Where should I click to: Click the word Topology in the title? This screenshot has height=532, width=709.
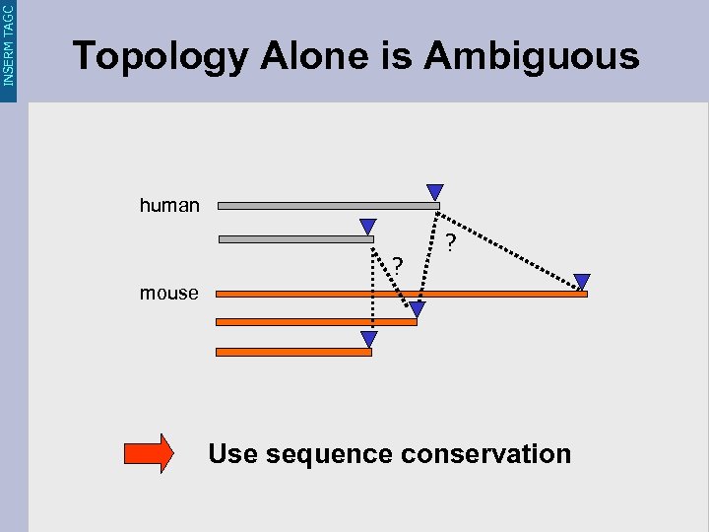point(161,57)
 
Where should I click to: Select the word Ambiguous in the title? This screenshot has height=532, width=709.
point(532,56)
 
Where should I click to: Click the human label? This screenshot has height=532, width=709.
point(169,206)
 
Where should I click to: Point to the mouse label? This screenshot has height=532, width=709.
point(169,294)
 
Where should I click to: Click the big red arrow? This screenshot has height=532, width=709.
point(149,454)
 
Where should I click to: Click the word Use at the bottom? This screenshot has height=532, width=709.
point(232,454)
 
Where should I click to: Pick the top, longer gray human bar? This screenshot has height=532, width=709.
point(328,206)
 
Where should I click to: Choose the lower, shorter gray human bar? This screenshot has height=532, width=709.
point(295,238)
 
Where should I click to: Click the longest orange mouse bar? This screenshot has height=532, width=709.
point(401,294)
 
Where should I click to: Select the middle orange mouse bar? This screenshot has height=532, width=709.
point(315,321)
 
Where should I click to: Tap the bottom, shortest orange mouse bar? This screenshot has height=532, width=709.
point(292,352)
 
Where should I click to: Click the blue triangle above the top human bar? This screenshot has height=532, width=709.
point(434,192)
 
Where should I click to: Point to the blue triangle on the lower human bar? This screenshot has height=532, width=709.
point(368,227)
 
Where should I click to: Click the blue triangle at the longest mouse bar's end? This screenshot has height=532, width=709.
point(582,282)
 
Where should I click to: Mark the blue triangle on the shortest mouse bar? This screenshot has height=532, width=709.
point(368,340)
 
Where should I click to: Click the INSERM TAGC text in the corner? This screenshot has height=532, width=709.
point(9,43)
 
